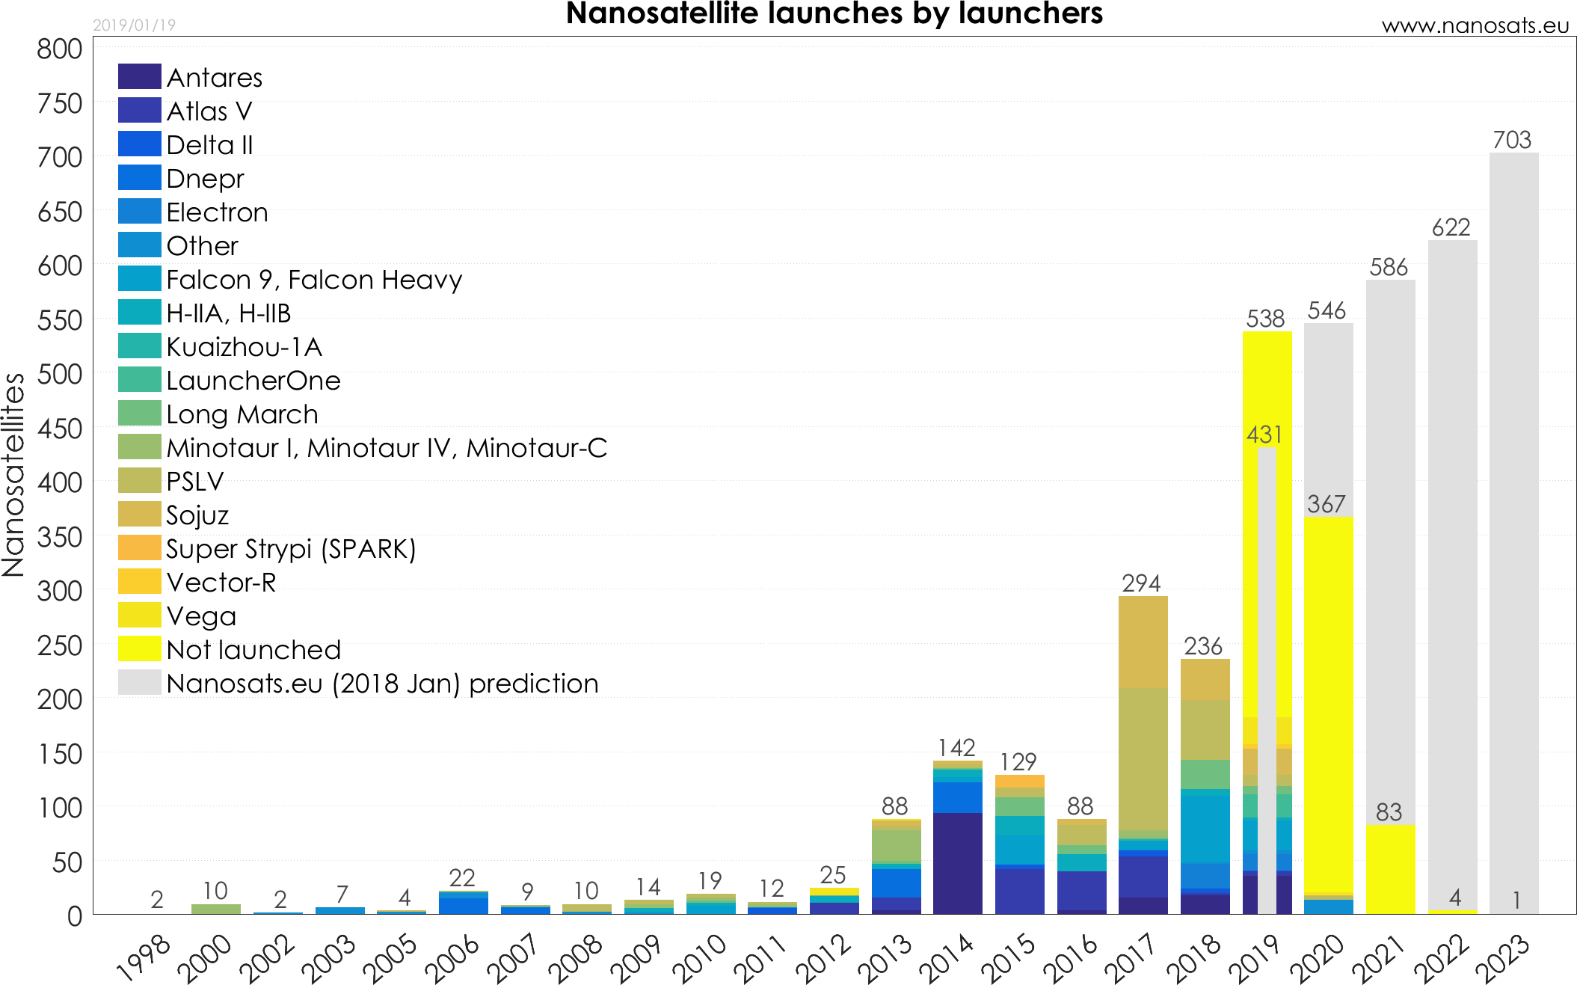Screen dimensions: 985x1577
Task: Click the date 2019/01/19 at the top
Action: coord(134,25)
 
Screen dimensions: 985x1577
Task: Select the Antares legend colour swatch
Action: coord(140,76)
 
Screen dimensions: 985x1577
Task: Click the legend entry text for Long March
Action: coord(242,414)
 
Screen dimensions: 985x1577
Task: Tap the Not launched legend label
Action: coord(253,650)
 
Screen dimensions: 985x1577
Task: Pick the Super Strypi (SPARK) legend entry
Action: coord(291,549)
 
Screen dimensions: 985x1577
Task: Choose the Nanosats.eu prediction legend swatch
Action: coord(140,682)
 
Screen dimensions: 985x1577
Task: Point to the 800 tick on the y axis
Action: coord(60,49)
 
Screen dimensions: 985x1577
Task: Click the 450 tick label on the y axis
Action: coord(60,429)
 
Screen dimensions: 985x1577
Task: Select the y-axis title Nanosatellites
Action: coord(13,475)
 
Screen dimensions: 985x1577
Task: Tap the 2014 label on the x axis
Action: coord(947,957)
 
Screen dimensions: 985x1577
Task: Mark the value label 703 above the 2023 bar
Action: coord(1512,140)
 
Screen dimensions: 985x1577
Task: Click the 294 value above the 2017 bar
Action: coord(1141,583)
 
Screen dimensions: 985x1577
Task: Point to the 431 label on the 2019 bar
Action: coord(1264,435)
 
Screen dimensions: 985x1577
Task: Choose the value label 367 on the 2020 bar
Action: coord(1327,504)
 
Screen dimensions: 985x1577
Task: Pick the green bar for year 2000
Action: coord(216,909)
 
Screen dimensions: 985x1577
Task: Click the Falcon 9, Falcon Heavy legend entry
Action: coord(314,280)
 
